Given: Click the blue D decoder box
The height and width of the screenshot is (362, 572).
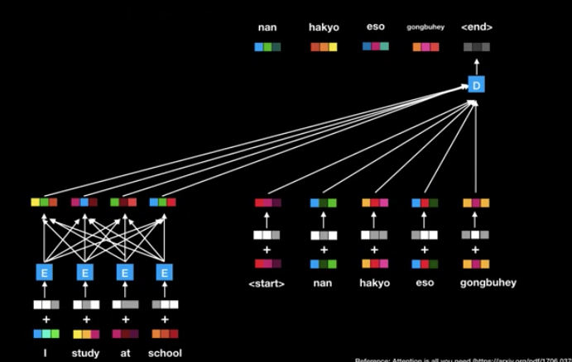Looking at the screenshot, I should pyautogui.click(x=476, y=85).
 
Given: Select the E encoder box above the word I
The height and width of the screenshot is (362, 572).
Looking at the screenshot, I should pyautogui.click(x=45, y=272).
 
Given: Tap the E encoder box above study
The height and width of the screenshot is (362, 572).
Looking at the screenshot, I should pyautogui.click(x=85, y=272).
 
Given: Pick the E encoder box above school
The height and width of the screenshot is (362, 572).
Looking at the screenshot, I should pyautogui.click(x=165, y=272).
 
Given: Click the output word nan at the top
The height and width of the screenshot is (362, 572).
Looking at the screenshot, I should pyautogui.click(x=267, y=27).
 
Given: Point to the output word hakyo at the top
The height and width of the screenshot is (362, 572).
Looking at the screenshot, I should pyautogui.click(x=324, y=27).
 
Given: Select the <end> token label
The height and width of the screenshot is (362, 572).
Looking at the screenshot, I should pyautogui.click(x=477, y=27).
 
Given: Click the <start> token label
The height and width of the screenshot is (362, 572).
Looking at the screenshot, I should pyautogui.click(x=267, y=283).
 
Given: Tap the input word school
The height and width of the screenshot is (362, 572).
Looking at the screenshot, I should pyautogui.click(x=165, y=353).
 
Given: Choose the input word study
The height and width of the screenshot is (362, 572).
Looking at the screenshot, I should pyautogui.click(x=85, y=353).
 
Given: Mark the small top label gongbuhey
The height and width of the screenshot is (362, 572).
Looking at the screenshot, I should pyautogui.click(x=425, y=27).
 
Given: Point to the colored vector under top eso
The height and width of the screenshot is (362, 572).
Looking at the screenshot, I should pyautogui.click(x=376, y=47).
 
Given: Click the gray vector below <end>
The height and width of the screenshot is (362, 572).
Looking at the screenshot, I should pyautogui.click(x=477, y=47).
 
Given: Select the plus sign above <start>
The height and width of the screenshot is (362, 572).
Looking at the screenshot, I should pyautogui.click(x=267, y=250).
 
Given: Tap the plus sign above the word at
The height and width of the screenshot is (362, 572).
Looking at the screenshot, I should pyautogui.click(x=125, y=319).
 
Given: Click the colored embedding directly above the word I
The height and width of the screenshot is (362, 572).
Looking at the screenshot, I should pyautogui.click(x=46, y=334).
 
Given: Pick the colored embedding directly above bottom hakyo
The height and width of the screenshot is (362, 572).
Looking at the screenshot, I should pyautogui.click(x=374, y=264).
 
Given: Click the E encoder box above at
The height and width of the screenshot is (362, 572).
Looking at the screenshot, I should pyautogui.click(x=125, y=272).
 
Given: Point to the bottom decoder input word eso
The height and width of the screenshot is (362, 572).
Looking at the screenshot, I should pyautogui.click(x=425, y=283).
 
